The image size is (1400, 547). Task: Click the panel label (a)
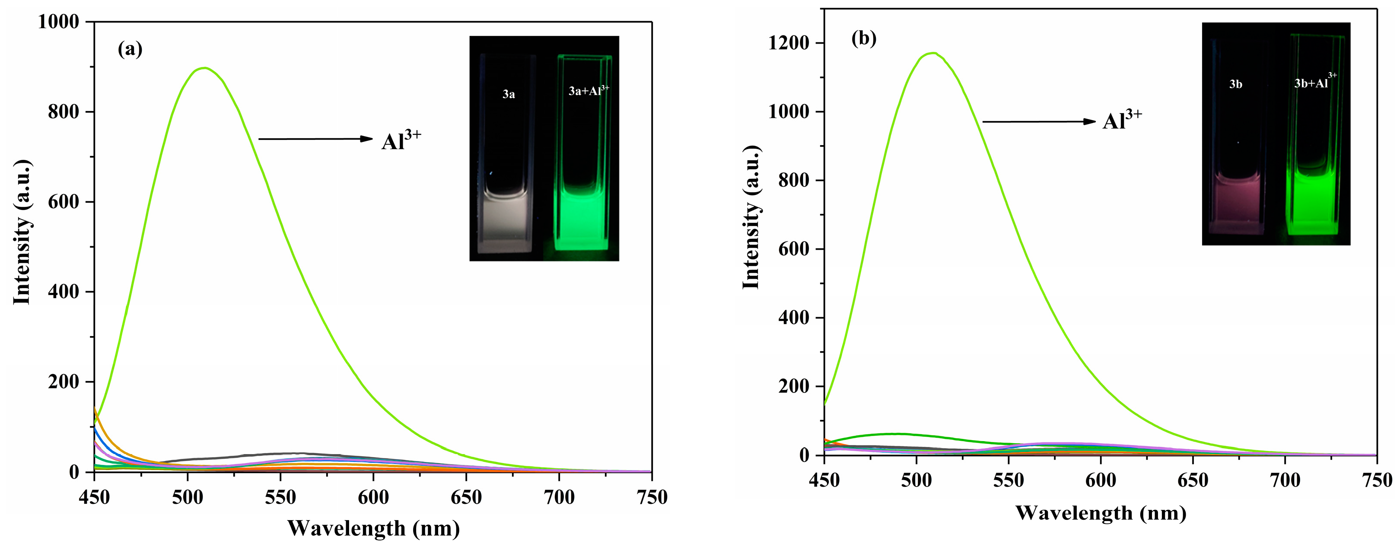click(x=130, y=49)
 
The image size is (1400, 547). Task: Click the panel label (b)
click(x=864, y=38)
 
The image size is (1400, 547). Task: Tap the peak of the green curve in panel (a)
click(x=204, y=68)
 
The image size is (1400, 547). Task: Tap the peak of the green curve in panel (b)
click(x=933, y=53)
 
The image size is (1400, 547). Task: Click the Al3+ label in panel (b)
click(x=1122, y=120)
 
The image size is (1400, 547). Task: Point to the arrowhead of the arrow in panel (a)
click(x=367, y=139)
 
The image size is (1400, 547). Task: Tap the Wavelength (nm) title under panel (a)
click(x=373, y=528)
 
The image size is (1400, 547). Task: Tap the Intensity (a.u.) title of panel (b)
click(x=751, y=217)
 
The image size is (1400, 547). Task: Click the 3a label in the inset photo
click(x=508, y=95)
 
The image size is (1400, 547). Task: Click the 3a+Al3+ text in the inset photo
click(x=589, y=90)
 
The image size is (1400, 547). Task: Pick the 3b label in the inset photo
click(x=1235, y=84)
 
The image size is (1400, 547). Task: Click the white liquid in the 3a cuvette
click(x=504, y=220)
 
